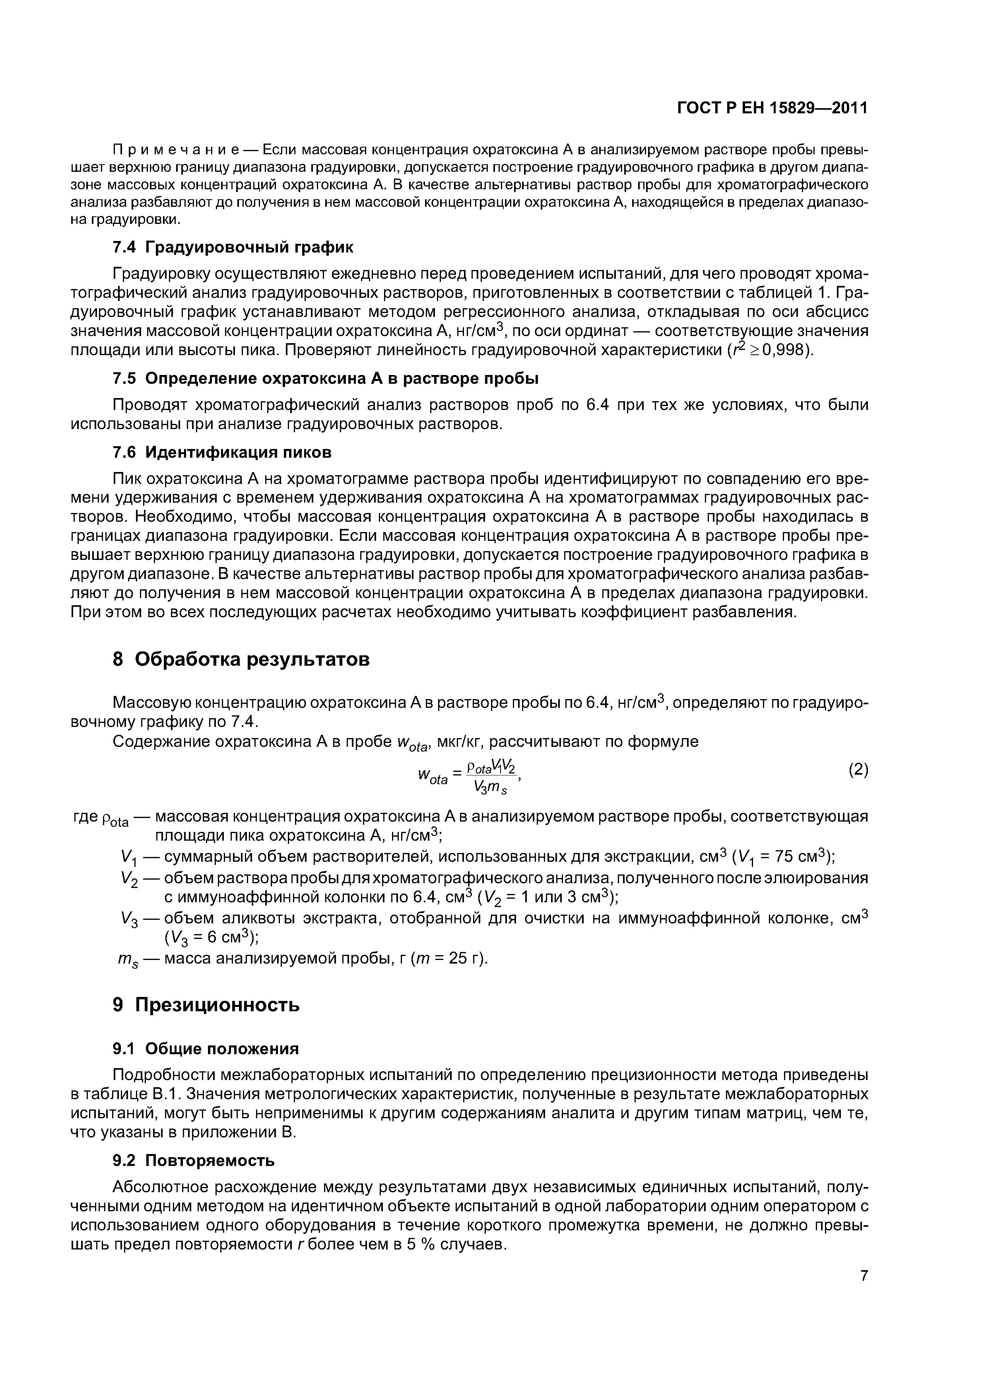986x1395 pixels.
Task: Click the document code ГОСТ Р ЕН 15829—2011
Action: pyautogui.click(x=772, y=108)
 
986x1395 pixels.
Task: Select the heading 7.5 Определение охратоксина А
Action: pyautogui.click(x=326, y=379)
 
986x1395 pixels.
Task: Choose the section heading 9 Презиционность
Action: pyautogui.click(x=207, y=1006)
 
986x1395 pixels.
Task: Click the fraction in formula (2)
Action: pyautogui.click(x=491, y=778)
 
